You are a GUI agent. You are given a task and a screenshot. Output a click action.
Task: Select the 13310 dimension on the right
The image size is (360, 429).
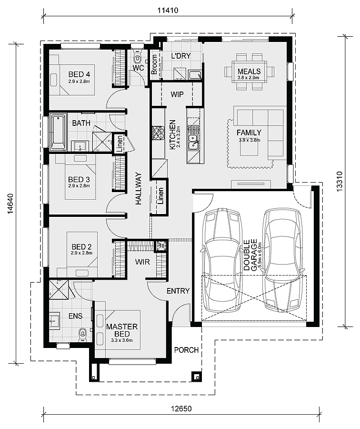pos(339,181)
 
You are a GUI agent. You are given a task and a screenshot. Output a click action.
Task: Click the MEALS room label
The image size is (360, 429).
pos(249,71)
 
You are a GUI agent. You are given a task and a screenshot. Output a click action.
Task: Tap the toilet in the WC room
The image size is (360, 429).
pos(138,59)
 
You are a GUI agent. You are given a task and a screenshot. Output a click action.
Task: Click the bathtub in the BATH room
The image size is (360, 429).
pos(58,132)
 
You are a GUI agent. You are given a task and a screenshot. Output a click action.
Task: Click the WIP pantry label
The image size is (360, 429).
pos(177,94)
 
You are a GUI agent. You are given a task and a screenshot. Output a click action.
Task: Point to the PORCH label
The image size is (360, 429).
pos(186,350)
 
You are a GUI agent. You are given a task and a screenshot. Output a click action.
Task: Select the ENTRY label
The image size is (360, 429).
pos(178,291)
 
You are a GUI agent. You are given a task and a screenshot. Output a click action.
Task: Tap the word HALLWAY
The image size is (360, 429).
pos(139,189)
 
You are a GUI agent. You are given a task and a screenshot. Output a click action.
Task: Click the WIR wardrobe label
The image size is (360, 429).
pos(142,262)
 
